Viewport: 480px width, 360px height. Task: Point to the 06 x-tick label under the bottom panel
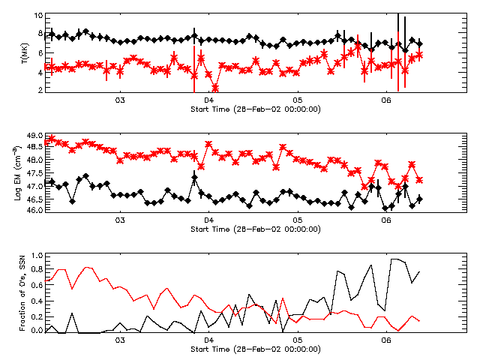coord(386,341)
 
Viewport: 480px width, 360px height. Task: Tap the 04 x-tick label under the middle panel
coord(208,220)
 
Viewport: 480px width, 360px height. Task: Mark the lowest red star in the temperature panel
coord(215,88)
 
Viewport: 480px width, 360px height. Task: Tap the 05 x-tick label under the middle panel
coord(298,220)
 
